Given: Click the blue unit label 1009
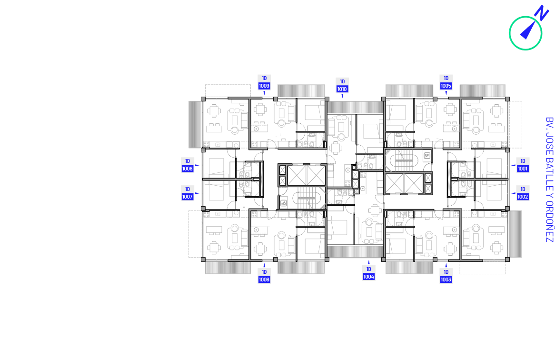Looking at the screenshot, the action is point(264,86).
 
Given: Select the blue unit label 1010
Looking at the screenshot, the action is point(342,89).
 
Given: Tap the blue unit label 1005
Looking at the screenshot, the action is point(446,86).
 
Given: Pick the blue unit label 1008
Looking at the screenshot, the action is point(187,169).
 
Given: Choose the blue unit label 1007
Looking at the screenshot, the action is point(187,197).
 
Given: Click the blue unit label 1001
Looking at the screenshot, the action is point(523,169).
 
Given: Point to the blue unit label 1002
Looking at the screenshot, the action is point(523,197).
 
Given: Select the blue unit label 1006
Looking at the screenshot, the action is point(264,280).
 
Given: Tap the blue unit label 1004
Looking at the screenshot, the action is point(368,277).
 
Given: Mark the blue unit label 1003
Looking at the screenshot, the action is point(446,280).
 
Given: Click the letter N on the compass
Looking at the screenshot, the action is point(542,12).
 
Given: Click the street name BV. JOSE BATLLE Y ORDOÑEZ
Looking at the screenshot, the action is point(549,180).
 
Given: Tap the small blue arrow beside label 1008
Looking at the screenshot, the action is point(197,165).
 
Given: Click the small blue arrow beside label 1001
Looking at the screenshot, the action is point(513,165).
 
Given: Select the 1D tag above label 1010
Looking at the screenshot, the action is point(342,81).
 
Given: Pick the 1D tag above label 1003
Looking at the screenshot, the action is point(446,272).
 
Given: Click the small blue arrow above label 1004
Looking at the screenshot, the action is point(369,262).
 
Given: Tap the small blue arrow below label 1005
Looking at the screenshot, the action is point(446,93).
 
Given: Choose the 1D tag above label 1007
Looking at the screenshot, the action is point(188,189).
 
